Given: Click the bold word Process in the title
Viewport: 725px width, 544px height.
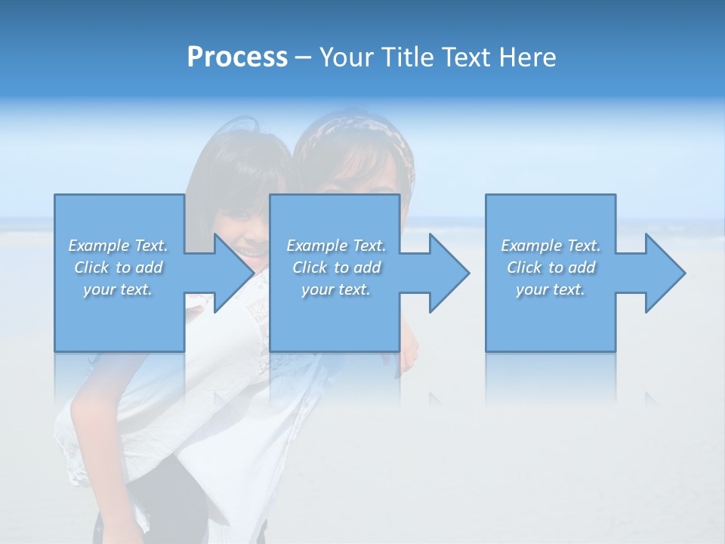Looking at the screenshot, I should pos(237,57).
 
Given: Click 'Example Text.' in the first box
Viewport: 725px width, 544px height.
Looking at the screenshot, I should pos(118,246).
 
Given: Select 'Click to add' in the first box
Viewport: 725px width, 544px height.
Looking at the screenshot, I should pos(118,267).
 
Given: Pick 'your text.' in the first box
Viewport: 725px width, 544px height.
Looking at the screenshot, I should pos(118,289).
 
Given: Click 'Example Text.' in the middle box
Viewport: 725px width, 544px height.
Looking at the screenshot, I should pos(336,246).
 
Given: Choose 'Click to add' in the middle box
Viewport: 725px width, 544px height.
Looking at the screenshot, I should pos(336,267).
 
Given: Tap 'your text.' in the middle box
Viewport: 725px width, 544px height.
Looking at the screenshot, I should pos(336,289).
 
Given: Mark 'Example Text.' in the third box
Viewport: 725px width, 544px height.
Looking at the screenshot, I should pos(551,246).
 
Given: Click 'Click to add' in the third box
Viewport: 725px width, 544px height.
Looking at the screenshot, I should pos(551,267).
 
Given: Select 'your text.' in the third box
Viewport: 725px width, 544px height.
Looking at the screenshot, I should pos(551,289).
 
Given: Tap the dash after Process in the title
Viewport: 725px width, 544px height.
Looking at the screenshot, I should pos(303,58).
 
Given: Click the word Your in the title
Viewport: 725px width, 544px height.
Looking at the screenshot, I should pos(345,57).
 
